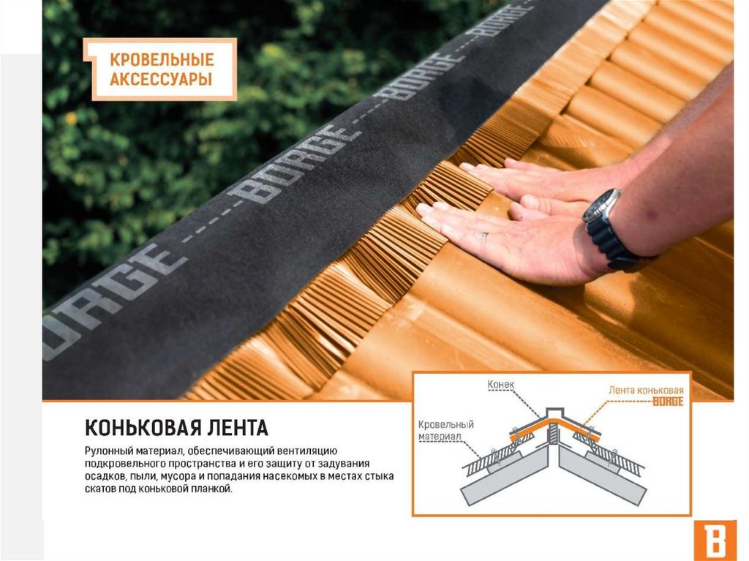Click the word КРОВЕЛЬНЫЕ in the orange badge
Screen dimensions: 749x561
click(162, 60)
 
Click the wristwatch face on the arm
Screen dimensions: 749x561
click(601, 205)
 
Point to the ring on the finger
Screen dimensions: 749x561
click(482, 235)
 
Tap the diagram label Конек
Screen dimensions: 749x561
click(500, 384)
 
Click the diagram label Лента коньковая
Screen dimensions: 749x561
click(646, 390)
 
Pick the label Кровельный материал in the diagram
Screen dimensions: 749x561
click(445, 430)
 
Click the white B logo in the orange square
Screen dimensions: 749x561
click(715, 541)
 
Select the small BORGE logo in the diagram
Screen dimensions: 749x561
click(669, 402)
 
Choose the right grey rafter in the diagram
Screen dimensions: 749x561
click(603, 475)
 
